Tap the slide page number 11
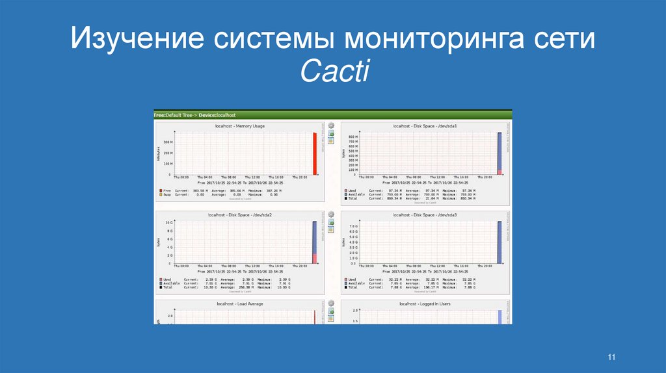611,357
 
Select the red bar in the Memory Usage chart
314,154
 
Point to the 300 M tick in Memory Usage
168,142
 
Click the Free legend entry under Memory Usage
166,190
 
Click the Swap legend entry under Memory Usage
166,194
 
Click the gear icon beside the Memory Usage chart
330,125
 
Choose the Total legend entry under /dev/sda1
353,198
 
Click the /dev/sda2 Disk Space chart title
239,214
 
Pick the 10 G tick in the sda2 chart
168,223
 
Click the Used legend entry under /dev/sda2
166,279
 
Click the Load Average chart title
239,303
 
